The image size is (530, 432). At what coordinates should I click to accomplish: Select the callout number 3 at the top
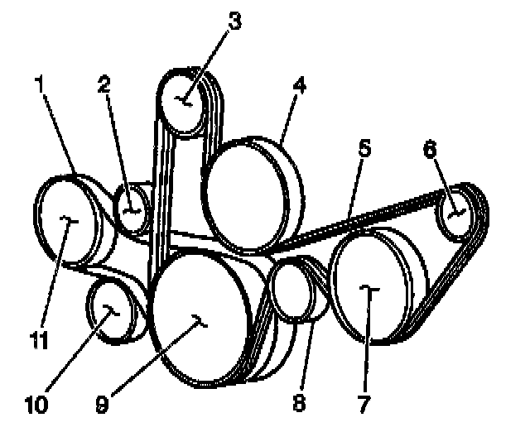(x=235, y=22)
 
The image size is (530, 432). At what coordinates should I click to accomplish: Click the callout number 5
(x=365, y=150)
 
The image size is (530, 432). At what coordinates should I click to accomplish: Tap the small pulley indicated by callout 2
(x=131, y=212)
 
